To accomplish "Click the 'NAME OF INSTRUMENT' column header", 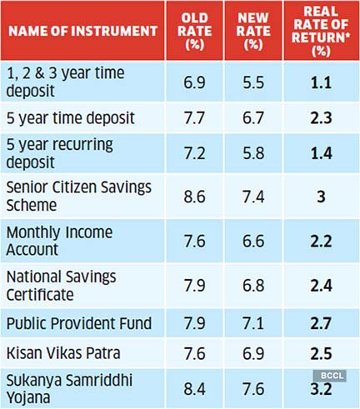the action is (82, 31).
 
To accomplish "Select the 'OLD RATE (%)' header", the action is (194, 31).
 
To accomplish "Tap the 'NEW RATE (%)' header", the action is (253, 31).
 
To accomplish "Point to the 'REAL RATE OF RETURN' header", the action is (321, 31).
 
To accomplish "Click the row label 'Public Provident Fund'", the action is (79, 323).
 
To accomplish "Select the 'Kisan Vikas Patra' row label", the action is (63, 353).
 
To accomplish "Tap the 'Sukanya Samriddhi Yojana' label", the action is (69, 389).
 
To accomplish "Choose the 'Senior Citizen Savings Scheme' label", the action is (79, 196).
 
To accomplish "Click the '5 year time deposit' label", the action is (71, 118).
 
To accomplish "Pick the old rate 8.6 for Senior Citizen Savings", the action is (194, 197).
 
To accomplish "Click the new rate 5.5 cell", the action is (253, 82).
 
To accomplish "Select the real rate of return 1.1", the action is (321, 82).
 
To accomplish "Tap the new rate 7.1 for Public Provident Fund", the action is (253, 323).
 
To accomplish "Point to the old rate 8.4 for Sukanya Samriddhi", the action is (194, 389).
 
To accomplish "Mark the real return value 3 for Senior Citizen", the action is (321, 197).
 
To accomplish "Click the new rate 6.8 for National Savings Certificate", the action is (253, 286).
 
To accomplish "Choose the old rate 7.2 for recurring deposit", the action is (194, 153).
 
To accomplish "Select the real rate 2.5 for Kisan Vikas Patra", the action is (321, 353).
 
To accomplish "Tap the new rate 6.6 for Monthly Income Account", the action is (253, 241).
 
